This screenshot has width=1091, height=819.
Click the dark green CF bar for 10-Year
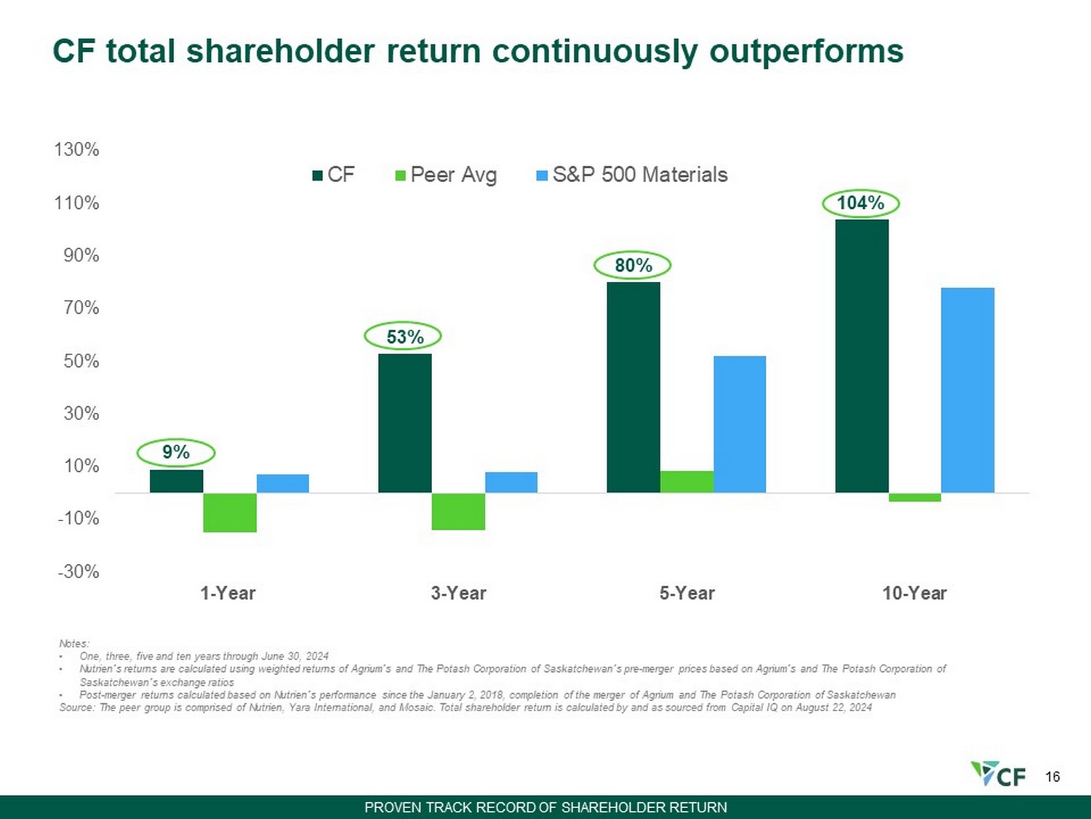862,356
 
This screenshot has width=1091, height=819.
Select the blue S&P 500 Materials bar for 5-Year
740,424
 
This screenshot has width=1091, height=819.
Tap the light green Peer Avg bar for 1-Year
230,513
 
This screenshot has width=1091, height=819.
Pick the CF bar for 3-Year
405,423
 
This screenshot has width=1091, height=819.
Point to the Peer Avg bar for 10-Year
915,497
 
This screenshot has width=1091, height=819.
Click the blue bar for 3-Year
511,483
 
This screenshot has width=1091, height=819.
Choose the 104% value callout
860,203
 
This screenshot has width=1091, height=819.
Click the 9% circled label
176,452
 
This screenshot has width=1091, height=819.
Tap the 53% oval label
404,336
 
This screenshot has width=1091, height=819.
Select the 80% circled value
633,265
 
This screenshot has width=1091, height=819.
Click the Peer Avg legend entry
446,175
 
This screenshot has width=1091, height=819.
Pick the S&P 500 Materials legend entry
632,175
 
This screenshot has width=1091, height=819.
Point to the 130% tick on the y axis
77,149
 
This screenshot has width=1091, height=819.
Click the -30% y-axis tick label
79,571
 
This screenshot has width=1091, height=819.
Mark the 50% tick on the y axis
81,360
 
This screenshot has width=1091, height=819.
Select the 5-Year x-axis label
687,593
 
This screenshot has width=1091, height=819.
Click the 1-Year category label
228,593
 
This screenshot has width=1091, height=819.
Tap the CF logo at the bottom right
998,775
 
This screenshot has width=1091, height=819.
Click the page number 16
1052,777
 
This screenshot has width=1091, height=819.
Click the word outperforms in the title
806,51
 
